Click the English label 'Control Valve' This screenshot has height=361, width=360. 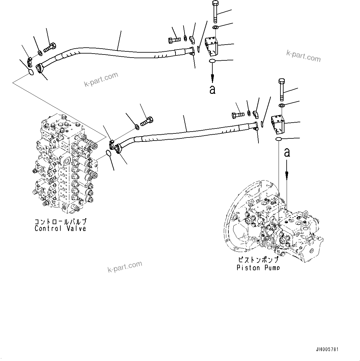pyautogui.click(x=60, y=229)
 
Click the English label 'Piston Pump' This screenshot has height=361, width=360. pyautogui.click(x=258, y=268)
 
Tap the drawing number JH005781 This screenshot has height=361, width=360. pyautogui.click(x=327, y=349)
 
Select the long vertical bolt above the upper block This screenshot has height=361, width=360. pyautogui.click(x=216, y=12)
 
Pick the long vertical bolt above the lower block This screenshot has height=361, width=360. pyautogui.click(x=282, y=90)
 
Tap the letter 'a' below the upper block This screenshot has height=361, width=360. pyautogui.click(x=212, y=89)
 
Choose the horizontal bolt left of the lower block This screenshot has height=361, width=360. pyautogui.click(x=238, y=115)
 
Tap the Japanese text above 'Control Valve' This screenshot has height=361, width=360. pyautogui.click(x=60, y=222)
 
